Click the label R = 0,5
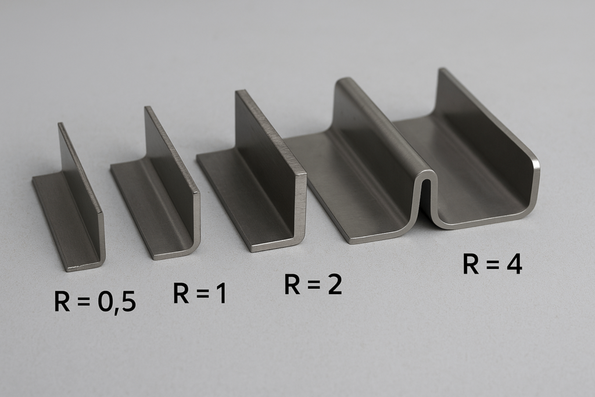[x=95, y=302]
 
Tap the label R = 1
[x=200, y=294]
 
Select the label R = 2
[x=313, y=285]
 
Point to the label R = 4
[x=492, y=264]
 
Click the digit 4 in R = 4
[x=514, y=264]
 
